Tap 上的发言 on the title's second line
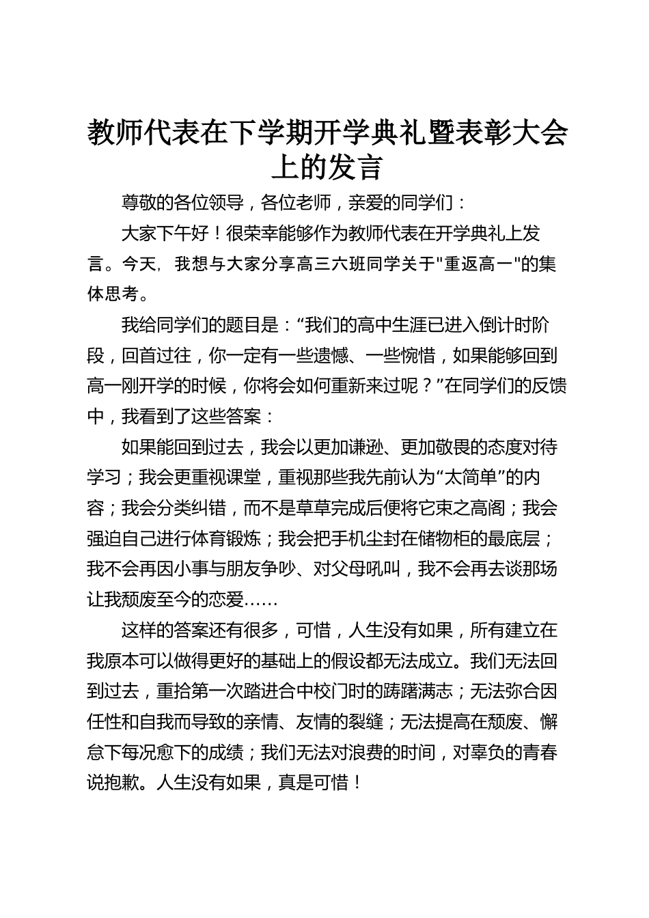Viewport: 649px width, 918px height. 327,167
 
